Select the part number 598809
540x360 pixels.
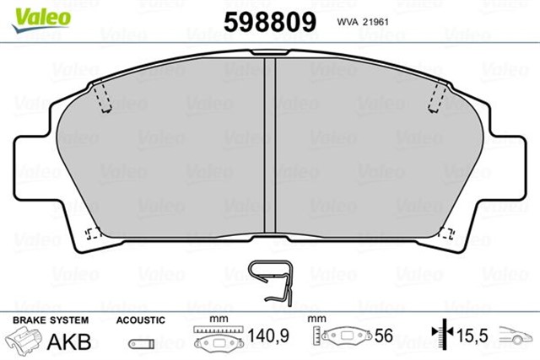[269, 20]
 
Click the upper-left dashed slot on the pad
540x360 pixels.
[103, 96]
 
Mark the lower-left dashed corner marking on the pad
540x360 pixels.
[94, 234]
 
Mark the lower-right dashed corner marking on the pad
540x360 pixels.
[446, 235]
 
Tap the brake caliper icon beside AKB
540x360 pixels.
[24, 340]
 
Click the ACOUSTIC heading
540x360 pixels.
[141, 320]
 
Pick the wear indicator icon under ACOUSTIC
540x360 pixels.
[141, 344]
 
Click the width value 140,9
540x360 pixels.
[268, 336]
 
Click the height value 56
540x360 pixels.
[384, 336]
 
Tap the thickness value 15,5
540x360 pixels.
[472, 336]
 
